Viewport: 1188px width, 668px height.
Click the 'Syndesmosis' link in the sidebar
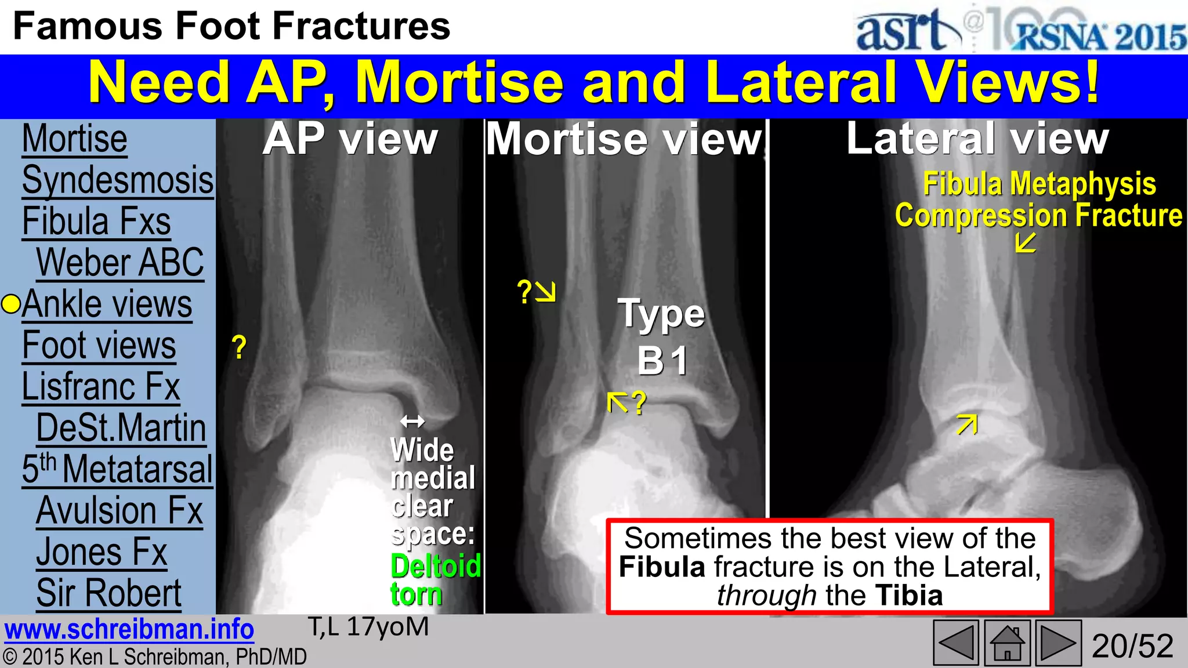pyautogui.click(x=118, y=180)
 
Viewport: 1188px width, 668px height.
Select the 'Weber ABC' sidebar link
pyautogui.click(x=120, y=263)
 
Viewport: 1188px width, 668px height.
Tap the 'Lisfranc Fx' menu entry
pyautogui.click(x=101, y=387)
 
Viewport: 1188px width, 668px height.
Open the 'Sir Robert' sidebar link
pyautogui.click(x=109, y=593)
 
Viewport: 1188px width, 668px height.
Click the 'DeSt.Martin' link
pyautogui.click(x=121, y=428)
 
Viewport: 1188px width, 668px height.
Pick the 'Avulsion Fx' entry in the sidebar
pyautogui.click(x=119, y=511)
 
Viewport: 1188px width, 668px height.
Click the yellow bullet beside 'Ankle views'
pyautogui.click(x=11, y=304)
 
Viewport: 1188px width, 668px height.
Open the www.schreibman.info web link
pyautogui.click(x=129, y=630)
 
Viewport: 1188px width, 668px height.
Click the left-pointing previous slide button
pyautogui.click(x=955, y=643)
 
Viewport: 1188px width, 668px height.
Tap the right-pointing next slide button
pyautogui.click(x=1058, y=643)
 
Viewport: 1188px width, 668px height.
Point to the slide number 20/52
pyautogui.click(x=1132, y=646)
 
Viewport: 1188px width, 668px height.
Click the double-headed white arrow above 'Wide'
pyautogui.click(x=412, y=421)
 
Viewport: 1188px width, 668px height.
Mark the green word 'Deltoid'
pyautogui.click(x=436, y=566)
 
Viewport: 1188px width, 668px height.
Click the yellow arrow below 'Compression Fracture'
pyautogui.click(x=1026, y=242)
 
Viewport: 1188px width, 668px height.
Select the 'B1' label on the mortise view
pyautogui.click(x=662, y=361)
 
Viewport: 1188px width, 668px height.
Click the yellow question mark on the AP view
pyautogui.click(x=239, y=347)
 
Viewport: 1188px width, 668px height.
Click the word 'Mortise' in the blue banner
pyautogui.click(x=459, y=83)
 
